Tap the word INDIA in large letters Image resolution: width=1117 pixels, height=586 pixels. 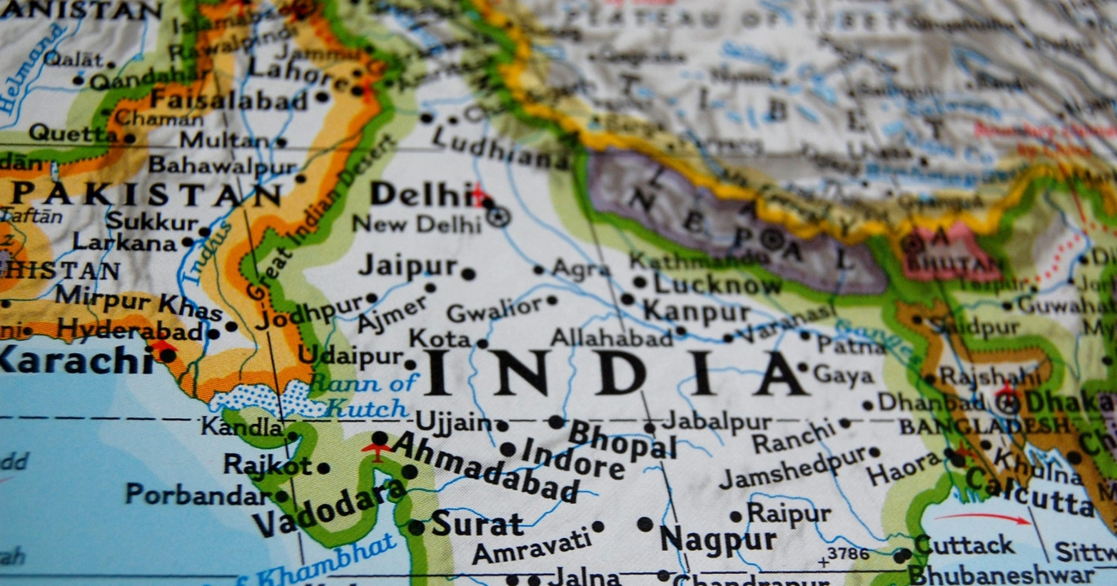point(615,374)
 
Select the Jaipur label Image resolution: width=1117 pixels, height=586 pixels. point(408,265)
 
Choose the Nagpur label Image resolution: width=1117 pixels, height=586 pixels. point(718,539)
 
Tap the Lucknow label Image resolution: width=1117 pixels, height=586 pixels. point(718,284)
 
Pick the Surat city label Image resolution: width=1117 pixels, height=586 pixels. point(477,523)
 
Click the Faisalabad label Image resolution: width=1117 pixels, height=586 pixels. point(228,101)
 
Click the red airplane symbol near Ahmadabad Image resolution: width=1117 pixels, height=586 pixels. point(376,450)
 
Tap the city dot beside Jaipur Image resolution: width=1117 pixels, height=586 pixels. point(468,273)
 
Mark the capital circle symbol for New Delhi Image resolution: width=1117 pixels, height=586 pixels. point(498,216)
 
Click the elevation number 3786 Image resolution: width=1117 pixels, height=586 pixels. point(848,555)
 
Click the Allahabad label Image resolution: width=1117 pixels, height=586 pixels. point(611,337)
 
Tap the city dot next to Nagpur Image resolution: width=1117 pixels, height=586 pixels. point(645,524)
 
